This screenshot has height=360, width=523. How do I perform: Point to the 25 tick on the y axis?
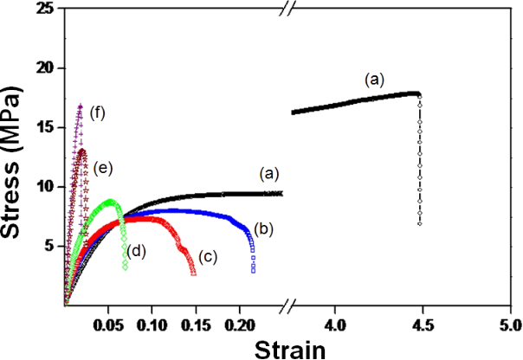point(48,9)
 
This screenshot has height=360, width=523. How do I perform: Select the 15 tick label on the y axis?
point(48,127)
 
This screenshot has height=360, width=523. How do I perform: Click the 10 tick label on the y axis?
point(48,186)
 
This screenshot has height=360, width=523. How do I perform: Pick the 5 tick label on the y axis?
point(52,246)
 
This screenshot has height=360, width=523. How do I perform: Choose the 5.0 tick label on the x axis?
point(508,325)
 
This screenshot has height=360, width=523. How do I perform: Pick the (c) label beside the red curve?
point(207,257)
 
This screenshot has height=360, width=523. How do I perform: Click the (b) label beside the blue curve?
point(264,229)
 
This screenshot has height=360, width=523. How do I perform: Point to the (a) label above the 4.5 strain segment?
point(373,79)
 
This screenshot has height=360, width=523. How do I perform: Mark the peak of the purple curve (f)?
point(81,106)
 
